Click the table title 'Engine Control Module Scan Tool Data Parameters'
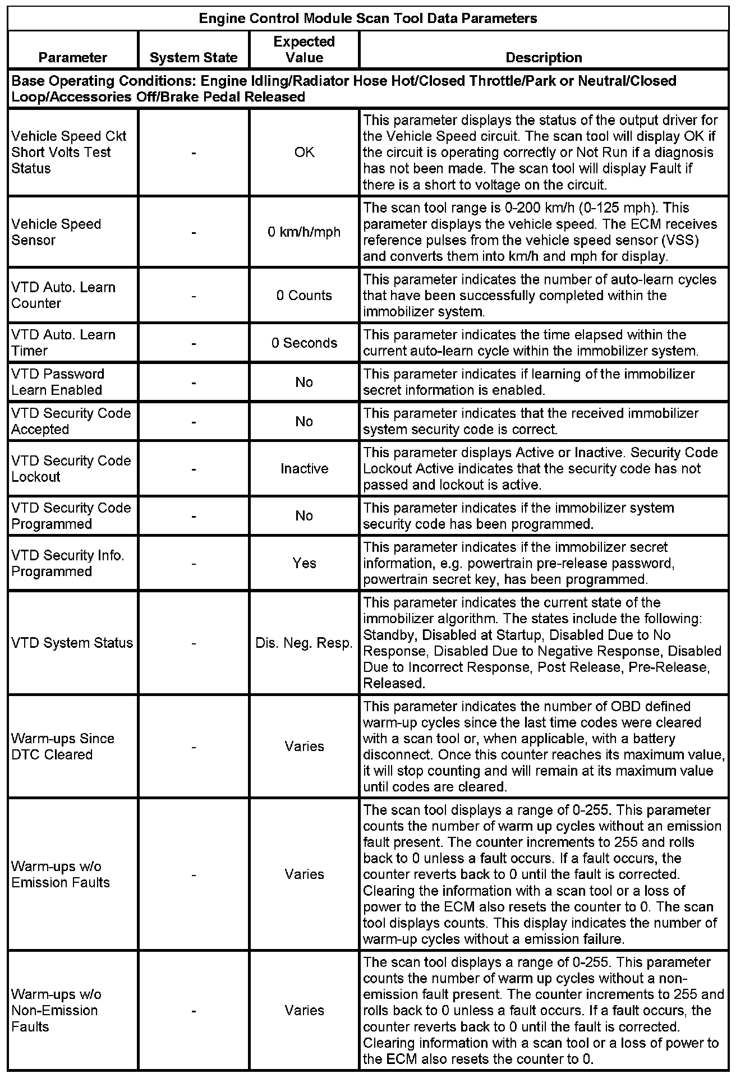368,19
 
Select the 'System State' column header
194,58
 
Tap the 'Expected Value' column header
304,49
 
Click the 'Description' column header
544,58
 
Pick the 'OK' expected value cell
304,153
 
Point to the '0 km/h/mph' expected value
304,232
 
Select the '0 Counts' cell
304,296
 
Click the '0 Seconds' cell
304,343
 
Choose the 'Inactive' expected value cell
304,469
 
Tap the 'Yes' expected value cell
304,563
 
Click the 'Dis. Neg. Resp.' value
304,643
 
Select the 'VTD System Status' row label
72,643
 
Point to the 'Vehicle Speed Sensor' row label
56,232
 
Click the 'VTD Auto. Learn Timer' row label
63,343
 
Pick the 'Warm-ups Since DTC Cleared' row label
63,747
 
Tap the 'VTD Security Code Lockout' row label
71,469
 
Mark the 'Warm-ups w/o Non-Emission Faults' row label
56,1011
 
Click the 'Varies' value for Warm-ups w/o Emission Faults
304,874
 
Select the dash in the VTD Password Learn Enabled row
194,383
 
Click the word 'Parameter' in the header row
73,58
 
